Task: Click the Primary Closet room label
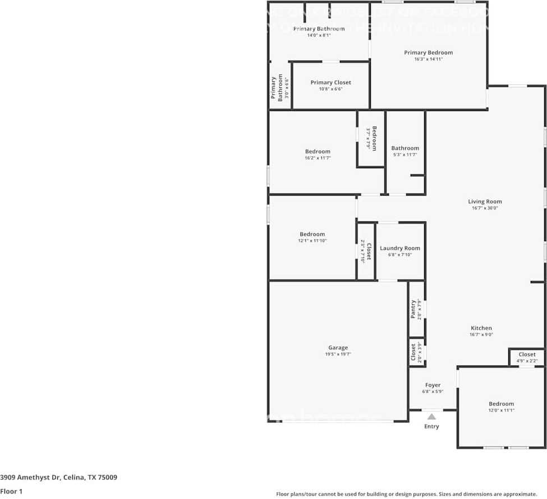pyautogui.click(x=330, y=82)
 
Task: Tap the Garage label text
pyautogui.click(x=338, y=348)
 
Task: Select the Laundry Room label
pyautogui.click(x=399, y=248)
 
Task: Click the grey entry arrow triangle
pyautogui.click(x=431, y=417)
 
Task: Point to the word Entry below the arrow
pyautogui.click(x=431, y=427)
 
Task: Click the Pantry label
pyautogui.click(x=413, y=309)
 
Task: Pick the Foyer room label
pyautogui.click(x=433, y=385)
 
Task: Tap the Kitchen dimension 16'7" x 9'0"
pyautogui.click(x=481, y=335)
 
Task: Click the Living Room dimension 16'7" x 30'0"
pyautogui.click(x=485, y=208)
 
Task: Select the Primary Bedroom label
pyautogui.click(x=428, y=53)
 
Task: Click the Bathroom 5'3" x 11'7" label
pyautogui.click(x=405, y=149)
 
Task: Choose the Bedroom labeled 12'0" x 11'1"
pyautogui.click(x=500, y=404)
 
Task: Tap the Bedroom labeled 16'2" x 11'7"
pyautogui.click(x=318, y=151)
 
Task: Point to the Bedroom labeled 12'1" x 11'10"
pyautogui.click(x=312, y=234)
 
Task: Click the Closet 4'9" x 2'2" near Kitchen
pyautogui.click(x=527, y=354)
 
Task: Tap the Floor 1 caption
pyautogui.click(x=11, y=491)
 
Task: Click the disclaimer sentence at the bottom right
pyautogui.click(x=406, y=494)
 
